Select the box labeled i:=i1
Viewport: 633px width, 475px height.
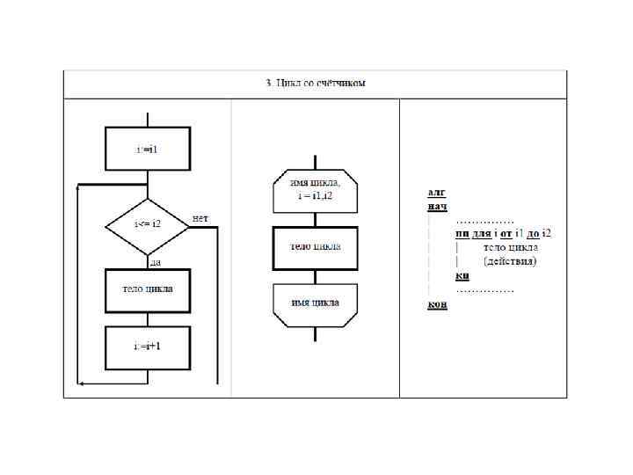147,149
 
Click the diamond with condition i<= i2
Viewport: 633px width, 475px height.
147,225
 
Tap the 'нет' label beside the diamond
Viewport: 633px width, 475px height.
200,217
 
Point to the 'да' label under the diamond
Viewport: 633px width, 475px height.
154,262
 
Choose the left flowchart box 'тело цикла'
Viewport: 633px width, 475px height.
147,289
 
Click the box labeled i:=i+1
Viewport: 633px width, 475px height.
147,347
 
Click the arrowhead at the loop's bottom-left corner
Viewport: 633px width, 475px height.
82,384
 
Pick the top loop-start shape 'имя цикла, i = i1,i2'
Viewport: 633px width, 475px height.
316,191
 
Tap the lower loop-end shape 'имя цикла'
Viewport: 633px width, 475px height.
316,304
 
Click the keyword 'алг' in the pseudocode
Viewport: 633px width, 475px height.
436,191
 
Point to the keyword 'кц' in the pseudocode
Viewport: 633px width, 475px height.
462,275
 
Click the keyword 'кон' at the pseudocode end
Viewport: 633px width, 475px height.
437,304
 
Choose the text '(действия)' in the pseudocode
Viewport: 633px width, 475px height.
511,261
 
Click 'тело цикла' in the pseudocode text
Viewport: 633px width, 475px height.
511,247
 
